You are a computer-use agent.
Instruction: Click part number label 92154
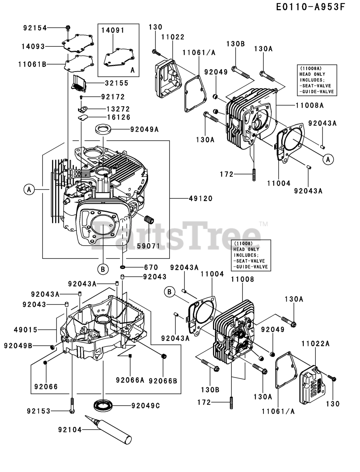(x=35, y=28)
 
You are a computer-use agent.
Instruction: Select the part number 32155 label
(x=116, y=83)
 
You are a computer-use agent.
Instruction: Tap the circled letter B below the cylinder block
(x=103, y=270)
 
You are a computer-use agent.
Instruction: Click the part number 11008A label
(x=310, y=105)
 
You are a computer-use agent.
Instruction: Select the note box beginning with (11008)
(x=251, y=255)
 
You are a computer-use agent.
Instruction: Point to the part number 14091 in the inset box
(x=113, y=31)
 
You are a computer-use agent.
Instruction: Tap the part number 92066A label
(x=130, y=380)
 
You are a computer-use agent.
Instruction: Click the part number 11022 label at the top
(x=172, y=37)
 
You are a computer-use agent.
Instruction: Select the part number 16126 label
(x=119, y=117)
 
